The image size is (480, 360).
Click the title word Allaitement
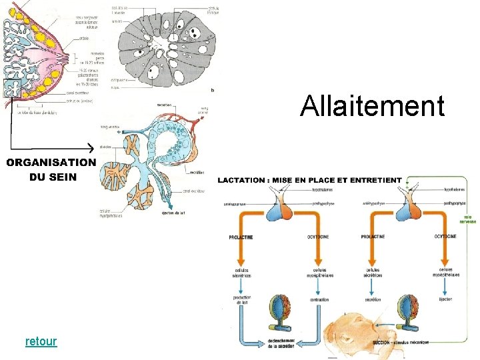(372, 106)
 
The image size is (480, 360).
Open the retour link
(41, 341)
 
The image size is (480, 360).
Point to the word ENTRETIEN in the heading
(377, 180)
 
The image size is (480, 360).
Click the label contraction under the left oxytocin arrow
(319, 300)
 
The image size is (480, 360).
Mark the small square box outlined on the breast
(11, 87)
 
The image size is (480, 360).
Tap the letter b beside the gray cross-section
(212, 90)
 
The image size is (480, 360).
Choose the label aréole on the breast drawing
(84, 38)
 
